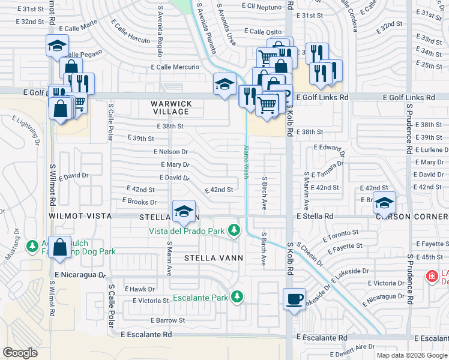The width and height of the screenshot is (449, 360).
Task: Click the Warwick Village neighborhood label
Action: (172, 108)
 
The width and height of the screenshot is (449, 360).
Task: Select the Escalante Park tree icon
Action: (238, 296)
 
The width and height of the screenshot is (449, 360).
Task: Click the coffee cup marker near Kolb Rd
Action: (294, 299)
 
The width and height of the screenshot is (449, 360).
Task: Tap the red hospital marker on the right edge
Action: (431, 276)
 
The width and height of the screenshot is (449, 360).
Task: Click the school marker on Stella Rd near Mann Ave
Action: (184, 211)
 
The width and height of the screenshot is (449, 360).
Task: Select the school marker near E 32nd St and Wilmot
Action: (57, 46)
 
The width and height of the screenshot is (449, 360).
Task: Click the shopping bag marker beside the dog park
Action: (60, 247)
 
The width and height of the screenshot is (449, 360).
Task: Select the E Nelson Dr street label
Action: (170, 152)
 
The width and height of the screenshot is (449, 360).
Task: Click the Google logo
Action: (20, 352)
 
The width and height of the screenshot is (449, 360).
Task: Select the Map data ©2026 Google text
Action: (411, 355)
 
